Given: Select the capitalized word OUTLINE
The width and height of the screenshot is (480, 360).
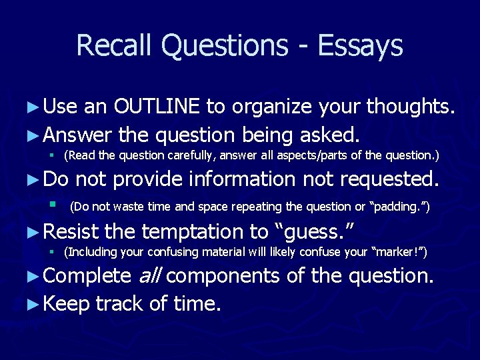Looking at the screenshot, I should coord(157,106).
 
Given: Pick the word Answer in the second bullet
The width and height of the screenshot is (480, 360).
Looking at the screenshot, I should coord(78,135).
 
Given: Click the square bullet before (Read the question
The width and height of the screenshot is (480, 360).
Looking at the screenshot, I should coord(51,156).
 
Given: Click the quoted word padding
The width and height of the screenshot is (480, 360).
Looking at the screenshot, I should coord(401,207).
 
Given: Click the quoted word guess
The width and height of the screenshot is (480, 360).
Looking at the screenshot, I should coord(315,231).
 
